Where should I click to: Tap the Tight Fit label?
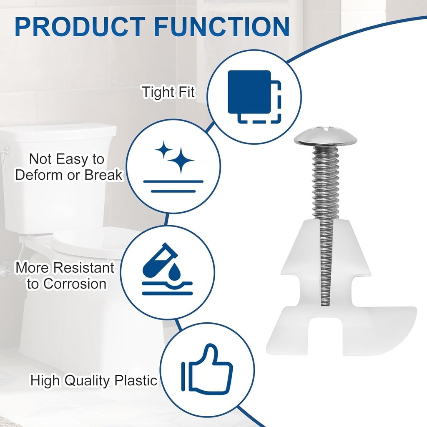click(x=168, y=92)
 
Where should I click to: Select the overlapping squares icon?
click(x=254, y=97)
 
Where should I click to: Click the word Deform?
click(x=37, y=175)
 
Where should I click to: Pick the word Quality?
click(x=87, y=380)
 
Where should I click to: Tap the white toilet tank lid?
click(x=58, y=133)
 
